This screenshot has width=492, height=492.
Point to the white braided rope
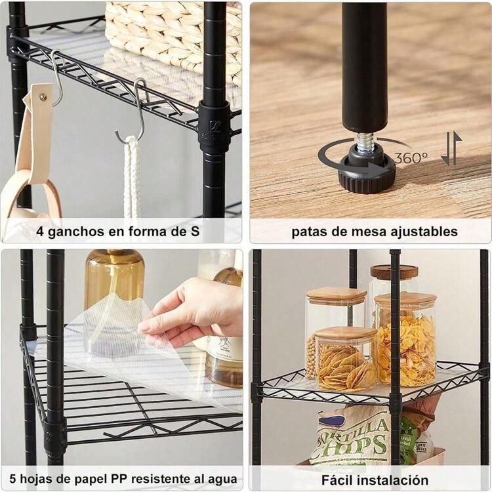132,177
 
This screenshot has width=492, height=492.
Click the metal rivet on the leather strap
43,98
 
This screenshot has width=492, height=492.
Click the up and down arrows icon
451,148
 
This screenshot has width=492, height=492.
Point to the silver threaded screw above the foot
365,142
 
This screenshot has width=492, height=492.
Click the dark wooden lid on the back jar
394,272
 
